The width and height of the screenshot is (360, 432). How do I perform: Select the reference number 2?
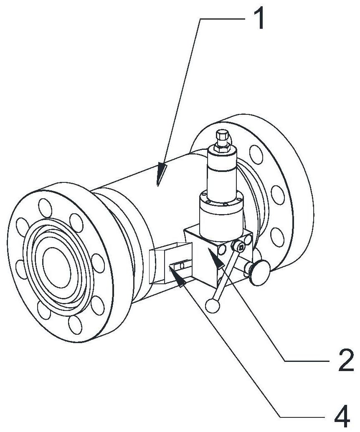346,359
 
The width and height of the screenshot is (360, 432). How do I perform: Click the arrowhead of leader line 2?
217,258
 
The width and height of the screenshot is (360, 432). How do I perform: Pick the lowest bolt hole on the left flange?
75,325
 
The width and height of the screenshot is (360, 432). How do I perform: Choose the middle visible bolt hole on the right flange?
278,195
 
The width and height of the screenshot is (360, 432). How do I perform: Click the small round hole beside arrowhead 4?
182,265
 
